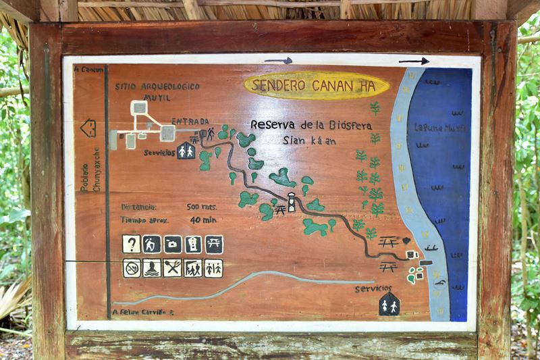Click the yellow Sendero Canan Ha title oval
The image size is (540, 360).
point(316,86)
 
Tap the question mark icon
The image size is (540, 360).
point(131,244)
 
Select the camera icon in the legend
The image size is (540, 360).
point(172,244)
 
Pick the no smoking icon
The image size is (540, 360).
point(132,268)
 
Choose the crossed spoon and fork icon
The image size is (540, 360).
point(172,268)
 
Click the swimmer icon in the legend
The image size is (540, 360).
point(152,268)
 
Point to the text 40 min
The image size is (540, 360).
point(203,220)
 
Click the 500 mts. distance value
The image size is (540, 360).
point(202,207)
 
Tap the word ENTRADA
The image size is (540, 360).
point(190,122)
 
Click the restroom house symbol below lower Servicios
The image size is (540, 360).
point(389,305)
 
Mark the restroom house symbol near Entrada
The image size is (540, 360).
point(186,151)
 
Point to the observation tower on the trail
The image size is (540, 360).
point(292,202)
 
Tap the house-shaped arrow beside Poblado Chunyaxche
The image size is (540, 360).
point(88,128)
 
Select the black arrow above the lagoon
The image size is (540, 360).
point(413,61)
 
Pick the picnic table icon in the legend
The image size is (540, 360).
point(213,244)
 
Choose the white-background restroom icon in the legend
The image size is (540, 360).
point(213,268)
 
